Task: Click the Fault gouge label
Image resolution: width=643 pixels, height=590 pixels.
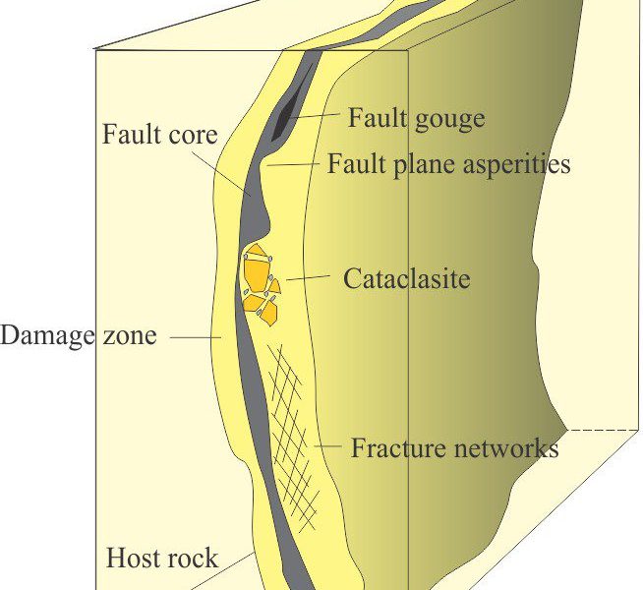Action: (x=416, y=118)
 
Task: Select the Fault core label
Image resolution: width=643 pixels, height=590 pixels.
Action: (x=159, y=134)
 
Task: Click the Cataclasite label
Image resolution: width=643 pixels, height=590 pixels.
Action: (x=406, y=279)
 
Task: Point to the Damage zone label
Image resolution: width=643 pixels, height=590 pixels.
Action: (x=79, y=335)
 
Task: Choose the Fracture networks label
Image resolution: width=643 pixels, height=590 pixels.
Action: (x=454, y=447)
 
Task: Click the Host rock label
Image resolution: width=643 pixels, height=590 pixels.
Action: (x=162, y=558)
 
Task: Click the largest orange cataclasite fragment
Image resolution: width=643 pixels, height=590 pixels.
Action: (x=258, y=267)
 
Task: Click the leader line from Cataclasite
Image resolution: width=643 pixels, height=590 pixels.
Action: (x=308, y=277)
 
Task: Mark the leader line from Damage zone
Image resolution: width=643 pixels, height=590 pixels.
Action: (x=196, y=338)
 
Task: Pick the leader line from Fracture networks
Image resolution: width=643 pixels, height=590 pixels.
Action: (x=327, y=445)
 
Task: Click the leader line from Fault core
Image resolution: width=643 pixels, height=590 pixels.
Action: (x=219, y=172)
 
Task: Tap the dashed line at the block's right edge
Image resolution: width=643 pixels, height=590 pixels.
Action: (x=603, y=430)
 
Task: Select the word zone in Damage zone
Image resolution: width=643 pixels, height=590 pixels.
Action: (x=130, y=336)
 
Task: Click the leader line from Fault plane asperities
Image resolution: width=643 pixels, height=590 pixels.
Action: (x=293, y=164)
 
